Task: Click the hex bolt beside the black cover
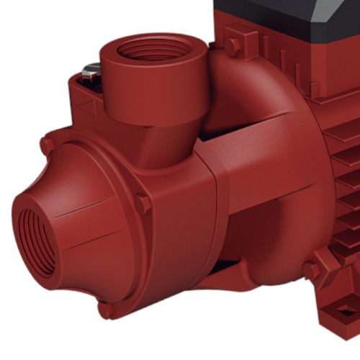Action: [233, 44]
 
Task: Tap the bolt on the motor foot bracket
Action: [311, 271]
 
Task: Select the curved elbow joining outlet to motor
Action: [245, 108]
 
